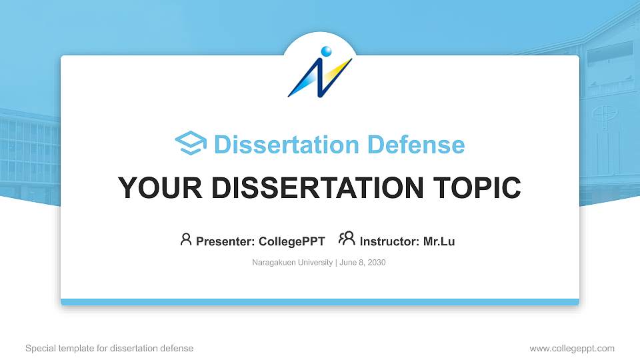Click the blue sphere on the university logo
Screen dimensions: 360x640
point(326,51)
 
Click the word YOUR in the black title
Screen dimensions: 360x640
point(153,188)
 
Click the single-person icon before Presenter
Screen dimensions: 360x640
point(186,239)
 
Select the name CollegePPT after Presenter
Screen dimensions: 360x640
point(291,241)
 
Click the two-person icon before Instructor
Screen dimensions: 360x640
point(347,239)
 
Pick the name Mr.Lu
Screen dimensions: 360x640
point(439,241)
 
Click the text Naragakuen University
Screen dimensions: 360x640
point(292,263)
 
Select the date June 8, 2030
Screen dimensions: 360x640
point(363,263)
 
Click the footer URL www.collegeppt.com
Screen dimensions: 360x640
point(572,348)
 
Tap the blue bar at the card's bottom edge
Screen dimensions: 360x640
point(320,302)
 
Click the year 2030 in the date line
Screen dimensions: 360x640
point(376,263)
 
